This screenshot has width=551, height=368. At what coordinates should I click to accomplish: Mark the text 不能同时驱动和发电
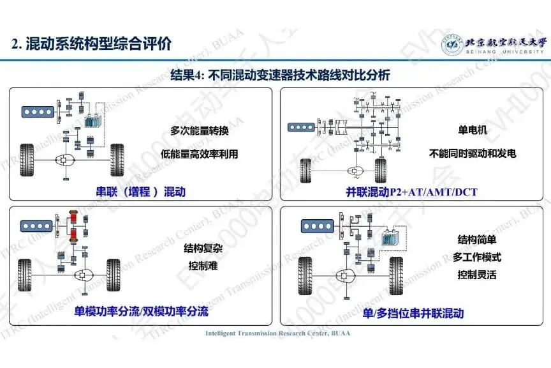(x=473, y=153)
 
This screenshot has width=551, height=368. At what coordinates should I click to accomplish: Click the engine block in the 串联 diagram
(x=38, y=111)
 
